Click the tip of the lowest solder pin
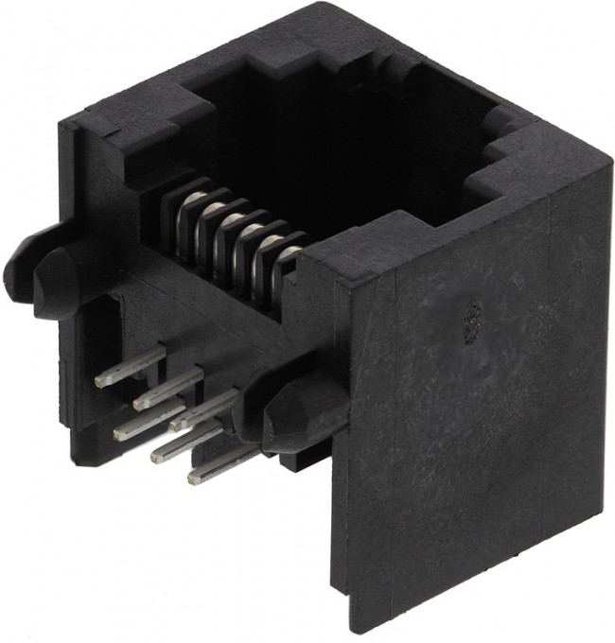pyautogui.click(x=195, y=478)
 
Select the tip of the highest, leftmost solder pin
pyautogui.click(x=100, y=380)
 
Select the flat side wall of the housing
pyautogui.click(x=473, y=426)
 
